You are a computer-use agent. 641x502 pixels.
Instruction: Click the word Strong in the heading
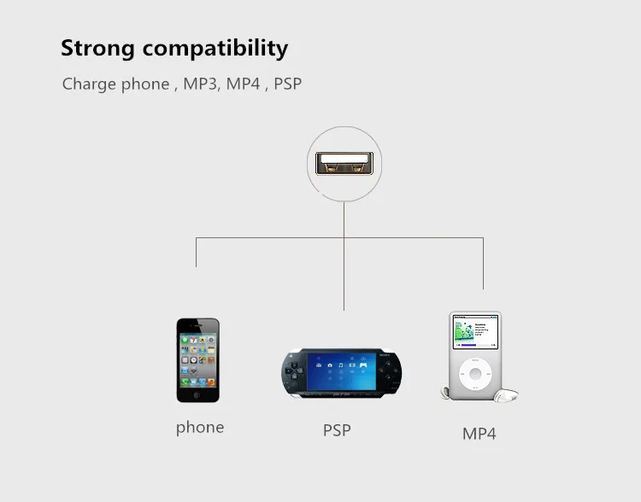coord(97,49)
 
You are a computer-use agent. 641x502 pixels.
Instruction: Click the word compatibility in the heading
coord(215,49)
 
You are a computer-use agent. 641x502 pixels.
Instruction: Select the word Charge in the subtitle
coord(89,85)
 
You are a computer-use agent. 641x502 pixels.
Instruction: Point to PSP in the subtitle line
coord(287,84)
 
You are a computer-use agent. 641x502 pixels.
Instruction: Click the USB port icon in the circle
coord(344,163)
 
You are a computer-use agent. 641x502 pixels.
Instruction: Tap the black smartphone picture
coord(198,360)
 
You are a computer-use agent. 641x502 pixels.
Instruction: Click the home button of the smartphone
coord(197,394)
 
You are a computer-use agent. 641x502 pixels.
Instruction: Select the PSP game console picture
coord(341,373)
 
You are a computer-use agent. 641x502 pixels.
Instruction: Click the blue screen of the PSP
coord(341,371)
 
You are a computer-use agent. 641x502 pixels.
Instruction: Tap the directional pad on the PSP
coord(294,371)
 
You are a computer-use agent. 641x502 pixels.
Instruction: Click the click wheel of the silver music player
coord(475,374)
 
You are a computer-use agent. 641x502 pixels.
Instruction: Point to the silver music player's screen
coord(475,332)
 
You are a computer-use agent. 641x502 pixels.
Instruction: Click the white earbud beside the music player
coord(506,395)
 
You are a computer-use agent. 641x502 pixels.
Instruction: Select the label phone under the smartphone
coord(200,428)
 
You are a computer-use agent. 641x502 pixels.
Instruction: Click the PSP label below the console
coord(337,430)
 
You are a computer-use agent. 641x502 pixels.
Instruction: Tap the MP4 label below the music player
coord(479,434)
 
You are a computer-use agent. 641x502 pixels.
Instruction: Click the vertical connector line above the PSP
coord(344,256)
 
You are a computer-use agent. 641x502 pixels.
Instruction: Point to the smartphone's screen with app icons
coord(198,360)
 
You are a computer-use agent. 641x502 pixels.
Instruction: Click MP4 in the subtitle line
coord(244,84)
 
